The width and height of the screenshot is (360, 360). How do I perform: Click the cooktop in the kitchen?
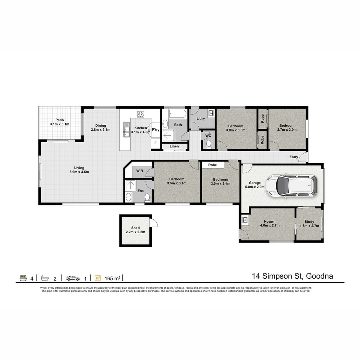[141, 114]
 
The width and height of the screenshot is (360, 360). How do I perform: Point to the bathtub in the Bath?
[176, 114]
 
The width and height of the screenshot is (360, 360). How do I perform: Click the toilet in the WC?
[209, 144]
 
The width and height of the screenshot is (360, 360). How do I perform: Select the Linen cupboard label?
[174, 146]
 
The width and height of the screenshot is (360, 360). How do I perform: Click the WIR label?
[139, 171]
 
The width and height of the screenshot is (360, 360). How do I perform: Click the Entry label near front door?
[294, 157]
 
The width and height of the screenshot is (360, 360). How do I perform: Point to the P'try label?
[156, 130]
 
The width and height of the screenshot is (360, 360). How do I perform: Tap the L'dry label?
[200, 118]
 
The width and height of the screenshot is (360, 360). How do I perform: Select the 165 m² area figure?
[112, 278]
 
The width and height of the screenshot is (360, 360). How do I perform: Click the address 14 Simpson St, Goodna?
[293, 276]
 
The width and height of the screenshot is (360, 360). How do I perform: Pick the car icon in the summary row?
[73, 278]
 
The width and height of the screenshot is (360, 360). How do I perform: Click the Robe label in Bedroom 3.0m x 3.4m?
[212, 165]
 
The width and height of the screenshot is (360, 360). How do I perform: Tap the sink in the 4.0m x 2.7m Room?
[245, 220]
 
